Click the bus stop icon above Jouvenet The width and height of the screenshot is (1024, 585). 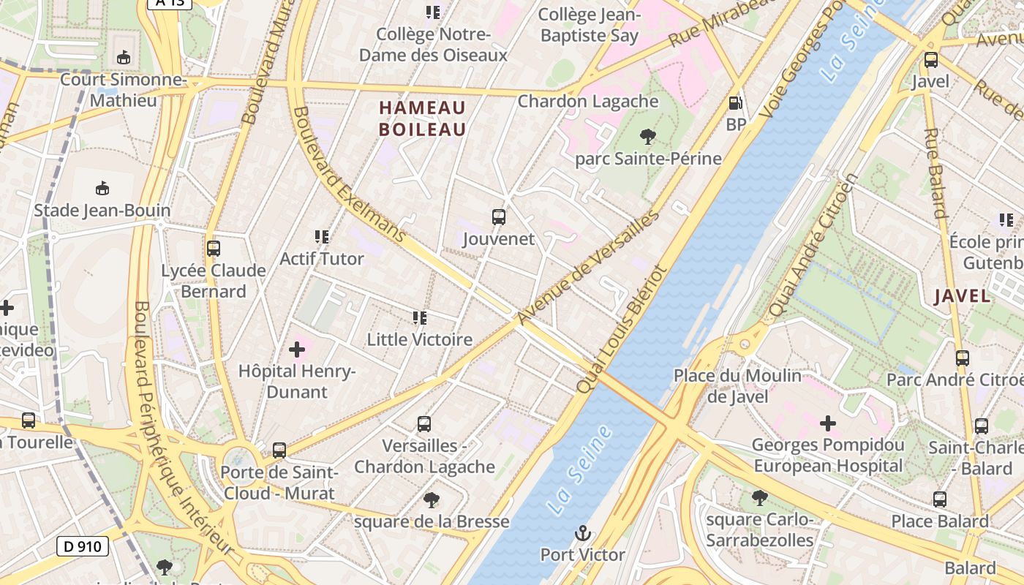498,217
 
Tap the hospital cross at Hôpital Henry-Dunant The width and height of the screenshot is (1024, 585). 296,350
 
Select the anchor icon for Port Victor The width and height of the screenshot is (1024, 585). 583,533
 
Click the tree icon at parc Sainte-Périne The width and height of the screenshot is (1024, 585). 647,136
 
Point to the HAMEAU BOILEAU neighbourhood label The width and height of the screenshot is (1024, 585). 422,119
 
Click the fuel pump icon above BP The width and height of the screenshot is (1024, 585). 735,103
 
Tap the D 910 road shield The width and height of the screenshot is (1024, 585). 83,546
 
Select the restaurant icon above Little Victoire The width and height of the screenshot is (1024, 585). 419,318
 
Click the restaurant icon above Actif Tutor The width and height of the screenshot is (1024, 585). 321,237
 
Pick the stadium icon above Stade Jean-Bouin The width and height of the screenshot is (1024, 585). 102,189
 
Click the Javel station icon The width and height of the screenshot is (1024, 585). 930,60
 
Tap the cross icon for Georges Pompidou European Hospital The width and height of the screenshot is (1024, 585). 827,423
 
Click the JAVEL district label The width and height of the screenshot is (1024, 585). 963,296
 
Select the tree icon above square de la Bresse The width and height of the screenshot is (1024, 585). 432,500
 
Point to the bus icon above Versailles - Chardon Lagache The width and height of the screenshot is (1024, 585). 424,424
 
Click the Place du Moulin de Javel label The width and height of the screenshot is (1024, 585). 737,386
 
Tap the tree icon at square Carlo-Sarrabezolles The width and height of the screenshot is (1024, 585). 759,498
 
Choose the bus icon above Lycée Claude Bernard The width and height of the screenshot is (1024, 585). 213,249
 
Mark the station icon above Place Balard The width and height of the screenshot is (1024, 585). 940,499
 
